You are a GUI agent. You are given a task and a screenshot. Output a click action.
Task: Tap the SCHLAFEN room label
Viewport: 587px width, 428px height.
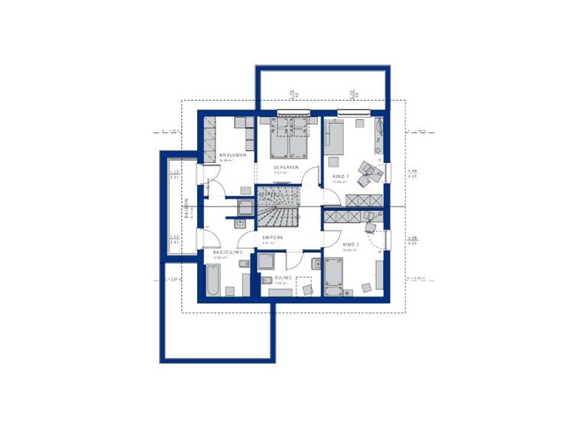coord(285,167)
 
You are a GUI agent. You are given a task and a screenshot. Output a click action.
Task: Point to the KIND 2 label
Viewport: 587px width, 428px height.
coord(351,244)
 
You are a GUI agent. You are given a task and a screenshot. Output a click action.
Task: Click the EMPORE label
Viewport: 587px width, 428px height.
coord(274,238)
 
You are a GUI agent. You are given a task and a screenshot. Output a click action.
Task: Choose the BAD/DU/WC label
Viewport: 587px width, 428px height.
coord(228,251)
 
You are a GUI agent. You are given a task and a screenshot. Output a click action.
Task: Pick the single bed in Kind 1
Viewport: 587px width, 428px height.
coord(336,138)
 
